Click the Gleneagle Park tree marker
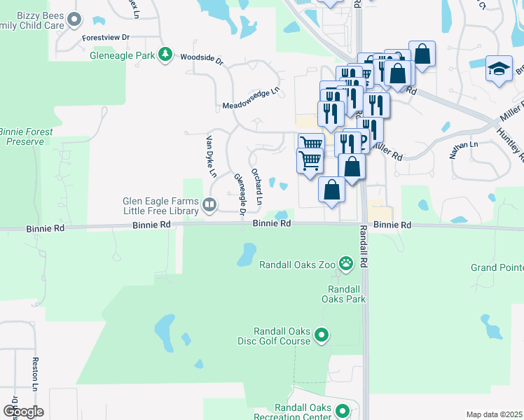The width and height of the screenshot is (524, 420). (165, 54)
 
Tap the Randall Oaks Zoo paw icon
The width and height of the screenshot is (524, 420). (346, 264)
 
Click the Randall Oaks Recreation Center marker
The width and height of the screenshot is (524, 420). (342, 411)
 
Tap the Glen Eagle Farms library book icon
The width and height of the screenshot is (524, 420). (209, 204)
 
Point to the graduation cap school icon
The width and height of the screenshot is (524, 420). (499, 69)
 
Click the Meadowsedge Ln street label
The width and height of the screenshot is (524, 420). (250, 97)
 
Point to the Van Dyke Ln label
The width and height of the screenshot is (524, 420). (211, 155)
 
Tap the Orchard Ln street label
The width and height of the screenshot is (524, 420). (258, 187)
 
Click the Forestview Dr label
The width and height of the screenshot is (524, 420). (106, 36)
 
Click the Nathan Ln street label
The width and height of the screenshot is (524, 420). (464, 149)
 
